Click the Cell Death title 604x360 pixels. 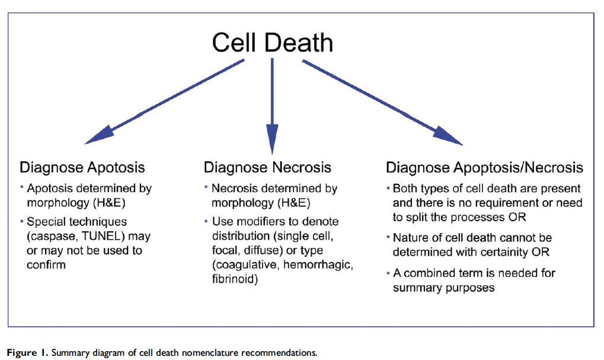(272, 42)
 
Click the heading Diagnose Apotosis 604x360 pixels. (82, 168)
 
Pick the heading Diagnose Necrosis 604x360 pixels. (267, 168)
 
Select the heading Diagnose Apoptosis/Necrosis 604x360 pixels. (484, 168)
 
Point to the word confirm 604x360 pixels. (46, 265)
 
